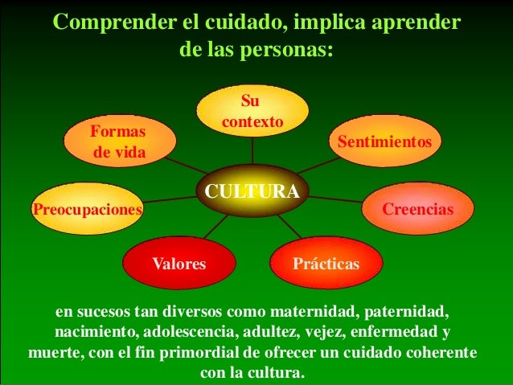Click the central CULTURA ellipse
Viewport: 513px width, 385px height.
click(252, 191)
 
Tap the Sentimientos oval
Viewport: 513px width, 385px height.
click(384, 141)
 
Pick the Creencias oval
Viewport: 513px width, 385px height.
click(417, 209)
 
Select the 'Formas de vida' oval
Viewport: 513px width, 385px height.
click(119, 141)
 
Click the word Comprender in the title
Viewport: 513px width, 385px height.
click(102, 22)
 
